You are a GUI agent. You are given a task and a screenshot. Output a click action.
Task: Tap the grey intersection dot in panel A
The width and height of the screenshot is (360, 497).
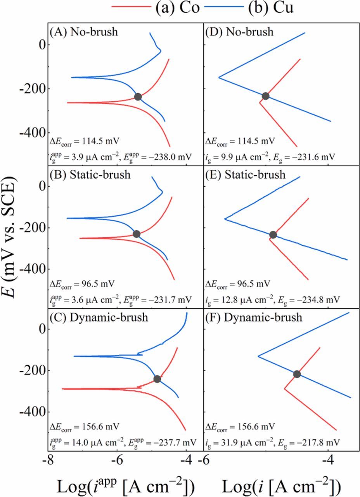pyautogui.click(x=138, y=97)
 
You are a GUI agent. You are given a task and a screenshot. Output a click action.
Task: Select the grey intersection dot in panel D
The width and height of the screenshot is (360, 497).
pyautogui.click(x=265, y=96)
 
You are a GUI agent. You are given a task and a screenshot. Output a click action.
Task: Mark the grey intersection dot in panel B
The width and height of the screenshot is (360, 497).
pyautogui.click(x=136, y=234)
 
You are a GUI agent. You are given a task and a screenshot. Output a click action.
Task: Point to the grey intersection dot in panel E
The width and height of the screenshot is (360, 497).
pyautogui.click(x=273, y=235)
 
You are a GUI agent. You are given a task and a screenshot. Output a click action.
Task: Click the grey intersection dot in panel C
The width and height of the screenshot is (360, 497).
pyautogui.click(x=157, y=379)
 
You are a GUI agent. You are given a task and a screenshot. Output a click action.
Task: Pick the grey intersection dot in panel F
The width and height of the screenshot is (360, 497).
pyautogui.click(x=297, y=374)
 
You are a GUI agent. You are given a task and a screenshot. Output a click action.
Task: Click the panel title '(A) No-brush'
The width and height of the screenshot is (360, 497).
pyautogui.click(x=83, y=32)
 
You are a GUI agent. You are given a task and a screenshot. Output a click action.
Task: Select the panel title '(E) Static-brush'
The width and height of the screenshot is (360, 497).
pyautogui.click(x=246, y=175)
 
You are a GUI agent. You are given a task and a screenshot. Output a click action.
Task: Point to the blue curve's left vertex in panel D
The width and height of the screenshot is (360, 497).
pyautogui.click(x=219, y=78)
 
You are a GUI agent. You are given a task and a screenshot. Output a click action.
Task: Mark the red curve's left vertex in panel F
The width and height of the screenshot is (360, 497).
pyautogui.click(x=285, y=388)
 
